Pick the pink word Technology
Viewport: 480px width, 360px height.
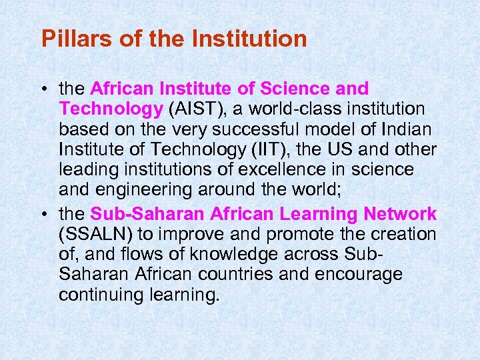111,108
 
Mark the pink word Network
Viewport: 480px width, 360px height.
401,214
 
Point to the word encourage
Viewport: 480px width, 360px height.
365,275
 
